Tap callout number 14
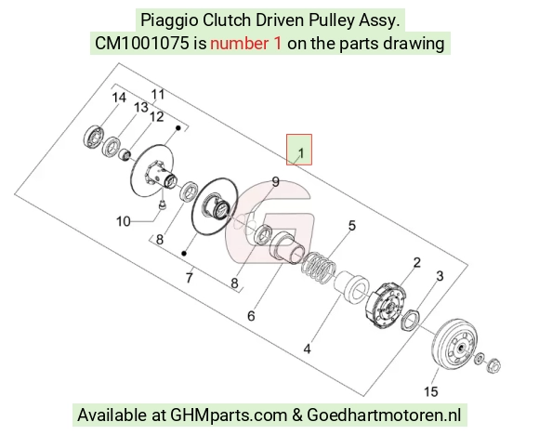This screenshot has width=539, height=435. pos(119,98)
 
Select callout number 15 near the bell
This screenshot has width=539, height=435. pos(430,391)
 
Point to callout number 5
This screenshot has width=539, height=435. pos(351,226)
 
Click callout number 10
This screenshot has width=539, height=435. pos(123,221)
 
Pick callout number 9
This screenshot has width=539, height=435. pos(276,182)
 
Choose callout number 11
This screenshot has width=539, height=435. pos(158,94)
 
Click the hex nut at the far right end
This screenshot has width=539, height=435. pos(493,365)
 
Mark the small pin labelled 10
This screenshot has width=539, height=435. pos(162,204)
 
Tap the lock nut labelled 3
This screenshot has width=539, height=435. pos(410,320)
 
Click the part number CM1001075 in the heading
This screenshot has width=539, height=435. pos(141,44)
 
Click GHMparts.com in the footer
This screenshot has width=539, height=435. pos(229,415)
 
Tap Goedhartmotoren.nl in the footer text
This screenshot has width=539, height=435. pos(384,415)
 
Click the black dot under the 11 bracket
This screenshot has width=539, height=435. pos(178,128)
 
